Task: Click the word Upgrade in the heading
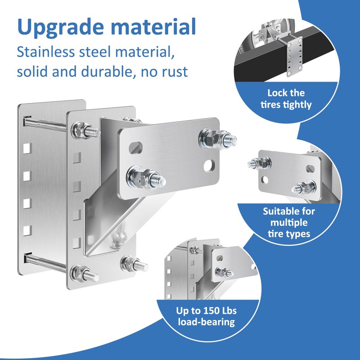[60, 27]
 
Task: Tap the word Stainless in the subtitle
[46, 52]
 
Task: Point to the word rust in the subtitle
[175, 72]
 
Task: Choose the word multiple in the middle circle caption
[289, 223]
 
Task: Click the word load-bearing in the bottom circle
[207, 322]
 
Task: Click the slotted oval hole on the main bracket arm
[135, 148]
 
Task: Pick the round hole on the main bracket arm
[209, 166]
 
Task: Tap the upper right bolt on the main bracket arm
[217, 139]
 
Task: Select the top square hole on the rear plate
[27, 148]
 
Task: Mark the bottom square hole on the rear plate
[27, 231]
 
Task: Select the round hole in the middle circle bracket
[265, 180]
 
